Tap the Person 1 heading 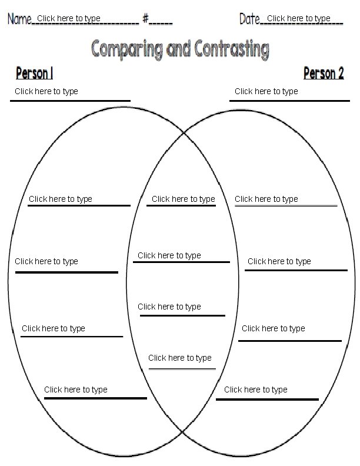tap(34, 74)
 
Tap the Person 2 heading tap(323, 74)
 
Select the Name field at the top tap(69, 19)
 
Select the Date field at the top tap(299, 19)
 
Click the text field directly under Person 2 tap(266, 91)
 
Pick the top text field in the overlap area tap(184, 199)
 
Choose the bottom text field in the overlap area tap(180, 358)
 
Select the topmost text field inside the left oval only tap(61, 199)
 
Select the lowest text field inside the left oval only tap(76, 390)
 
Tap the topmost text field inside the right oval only tap(266, 199)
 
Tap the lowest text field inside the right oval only tap(256, 390)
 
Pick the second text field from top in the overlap tap(169, 255)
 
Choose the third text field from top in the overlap tap(169, 307)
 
